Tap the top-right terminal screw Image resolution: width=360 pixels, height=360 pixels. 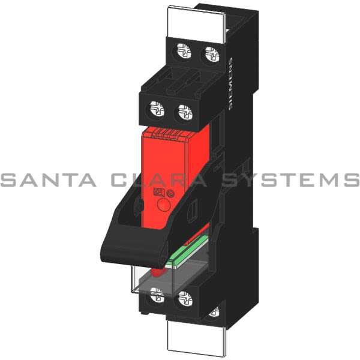(209, 57)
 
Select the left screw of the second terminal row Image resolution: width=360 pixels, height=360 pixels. (156, 110)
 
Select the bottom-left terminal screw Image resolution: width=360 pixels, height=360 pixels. (156, 295)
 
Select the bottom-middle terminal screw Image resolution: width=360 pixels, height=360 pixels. (185, 296)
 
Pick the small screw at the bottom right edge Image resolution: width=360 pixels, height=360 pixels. (213, 312)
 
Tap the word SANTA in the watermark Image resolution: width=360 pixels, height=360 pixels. (49, 179)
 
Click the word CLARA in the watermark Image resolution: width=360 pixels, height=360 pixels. (160, 179)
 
